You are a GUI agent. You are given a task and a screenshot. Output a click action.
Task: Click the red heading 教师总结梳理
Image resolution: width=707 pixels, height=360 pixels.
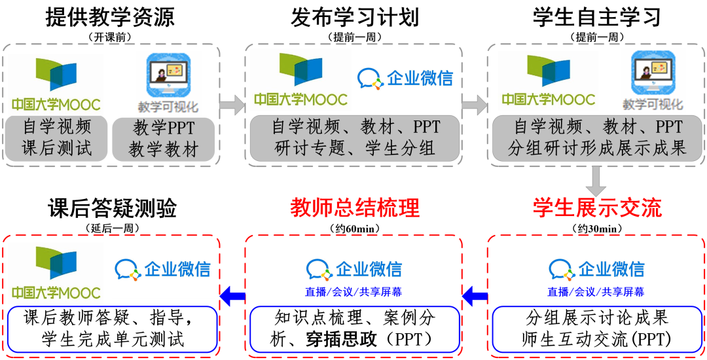(x=354, y=208)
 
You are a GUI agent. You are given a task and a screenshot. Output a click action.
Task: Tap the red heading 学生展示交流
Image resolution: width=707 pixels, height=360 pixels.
(x=596, y=208)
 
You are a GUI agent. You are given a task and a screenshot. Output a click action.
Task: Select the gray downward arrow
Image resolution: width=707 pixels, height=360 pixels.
(x=596, y=178)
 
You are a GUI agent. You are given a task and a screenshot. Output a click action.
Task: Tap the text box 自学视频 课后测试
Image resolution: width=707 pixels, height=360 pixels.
(x=57, y=138)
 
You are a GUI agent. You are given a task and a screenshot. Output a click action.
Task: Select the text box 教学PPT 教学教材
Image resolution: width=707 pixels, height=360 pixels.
(x=164, y=138)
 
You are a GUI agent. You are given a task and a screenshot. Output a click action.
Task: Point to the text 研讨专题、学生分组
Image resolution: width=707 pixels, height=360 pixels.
(x=354, y=148)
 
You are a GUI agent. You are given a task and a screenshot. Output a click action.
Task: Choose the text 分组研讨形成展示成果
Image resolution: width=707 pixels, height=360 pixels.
(x=596, y=148)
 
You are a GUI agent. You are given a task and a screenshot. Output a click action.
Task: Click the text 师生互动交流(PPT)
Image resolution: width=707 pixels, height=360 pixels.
(x=596, y=339)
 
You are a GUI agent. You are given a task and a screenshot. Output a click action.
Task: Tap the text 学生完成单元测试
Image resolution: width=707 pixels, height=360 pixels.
(x=113, y=339)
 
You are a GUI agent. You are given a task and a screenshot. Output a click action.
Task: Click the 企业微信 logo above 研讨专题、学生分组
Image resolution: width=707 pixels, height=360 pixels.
(x=405, y=79)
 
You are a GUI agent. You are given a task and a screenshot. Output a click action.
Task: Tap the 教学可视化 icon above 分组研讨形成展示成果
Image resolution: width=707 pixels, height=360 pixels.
(x=652, y=80)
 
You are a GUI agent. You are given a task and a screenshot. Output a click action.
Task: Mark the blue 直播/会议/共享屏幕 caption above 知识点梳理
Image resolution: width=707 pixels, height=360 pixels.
(x=354, y=292)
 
